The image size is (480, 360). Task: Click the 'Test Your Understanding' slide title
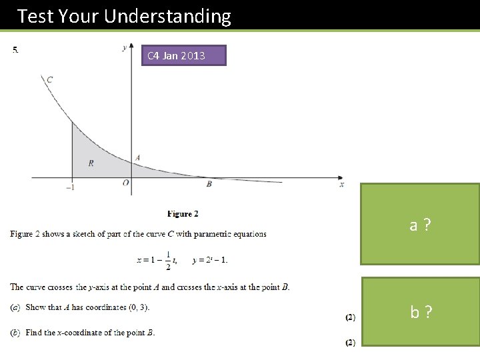[x=124, y=16]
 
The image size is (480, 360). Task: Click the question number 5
[x=15, y=49]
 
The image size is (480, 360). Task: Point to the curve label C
[x=49, y=80]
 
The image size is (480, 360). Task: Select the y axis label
[x=125, y=47]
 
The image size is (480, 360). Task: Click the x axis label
[x=342, y=184]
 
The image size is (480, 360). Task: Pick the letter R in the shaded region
[x=91, y=163]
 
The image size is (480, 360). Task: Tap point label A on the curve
[x=137, y=158]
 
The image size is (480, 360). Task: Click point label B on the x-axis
[x=209, y=183]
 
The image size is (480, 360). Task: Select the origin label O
[x=125, y=183]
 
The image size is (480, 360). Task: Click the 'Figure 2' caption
[x=183, y=214]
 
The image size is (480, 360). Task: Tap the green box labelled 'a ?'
[x=420, y=225]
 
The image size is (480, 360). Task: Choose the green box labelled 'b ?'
[x=420, y=311]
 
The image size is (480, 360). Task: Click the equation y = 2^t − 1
[x=210, y=260]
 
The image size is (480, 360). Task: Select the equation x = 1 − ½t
[x=157, y=260]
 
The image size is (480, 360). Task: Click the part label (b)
[x=15, y=333]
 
